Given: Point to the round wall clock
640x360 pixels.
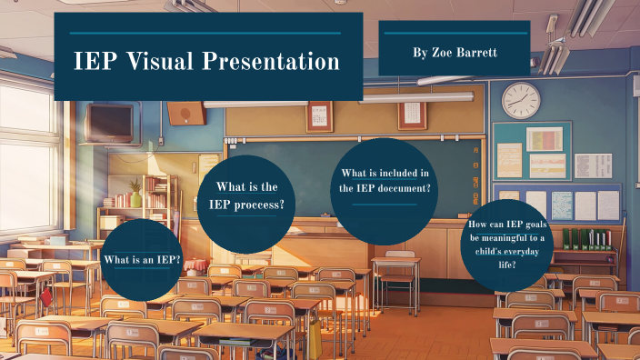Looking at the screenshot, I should [x=521, y=100].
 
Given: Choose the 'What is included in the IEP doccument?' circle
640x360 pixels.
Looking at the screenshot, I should [x=385, y=191].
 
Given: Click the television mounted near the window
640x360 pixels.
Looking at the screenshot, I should [x=110, y=122].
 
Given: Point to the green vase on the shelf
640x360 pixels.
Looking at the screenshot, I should [x=136, y=198].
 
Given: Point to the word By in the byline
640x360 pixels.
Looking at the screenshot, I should [x=419, y=53].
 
